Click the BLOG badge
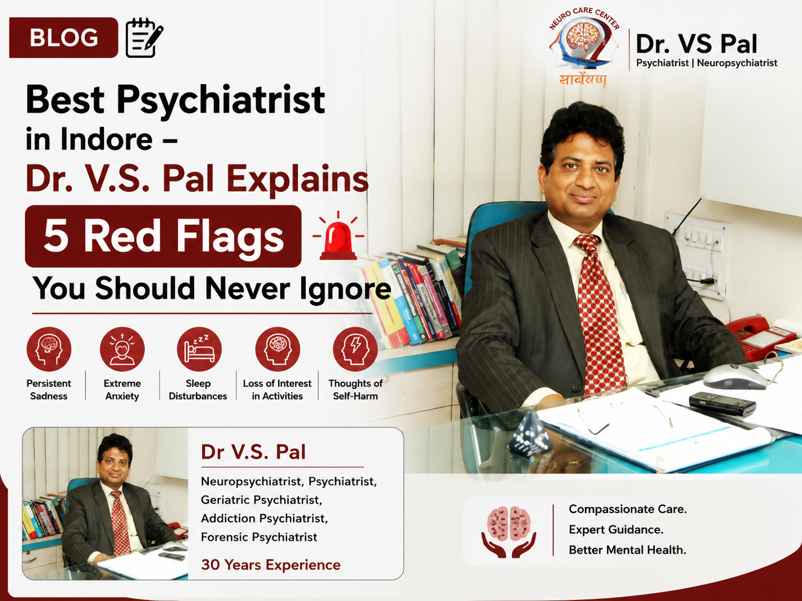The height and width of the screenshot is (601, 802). (x=64, y=38)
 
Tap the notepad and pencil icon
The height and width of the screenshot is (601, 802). (x=145, y=38)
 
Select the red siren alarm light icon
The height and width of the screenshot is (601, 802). (x=338, y=236)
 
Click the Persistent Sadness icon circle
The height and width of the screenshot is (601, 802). (x=49, y=349)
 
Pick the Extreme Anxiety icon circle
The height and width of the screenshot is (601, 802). (x=122, y=349)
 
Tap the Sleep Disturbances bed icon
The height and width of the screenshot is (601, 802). (x=199, y=349)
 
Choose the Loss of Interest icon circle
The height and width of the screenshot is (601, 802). (x=277, y=349)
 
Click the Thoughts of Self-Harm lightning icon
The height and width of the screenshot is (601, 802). (x=356, y=349)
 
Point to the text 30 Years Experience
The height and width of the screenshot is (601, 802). (x=271, y=565)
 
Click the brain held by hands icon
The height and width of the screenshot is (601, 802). (x=509, y=532)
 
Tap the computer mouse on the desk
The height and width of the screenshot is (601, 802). (x=735, y=376)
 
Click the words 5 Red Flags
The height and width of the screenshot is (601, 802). (x=164, y=236)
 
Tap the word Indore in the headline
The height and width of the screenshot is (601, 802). (x=106, y=139)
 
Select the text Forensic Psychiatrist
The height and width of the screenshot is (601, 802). (x=259, y=537)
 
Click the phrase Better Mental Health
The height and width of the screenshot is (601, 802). (x=628, y=550)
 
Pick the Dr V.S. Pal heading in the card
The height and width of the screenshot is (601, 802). (x=253, y=452)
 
